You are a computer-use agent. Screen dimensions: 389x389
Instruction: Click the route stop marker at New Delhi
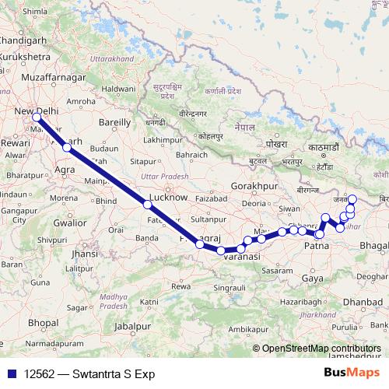(x=37, y=117)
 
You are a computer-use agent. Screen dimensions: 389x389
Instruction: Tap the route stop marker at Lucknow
(x=147, y=205)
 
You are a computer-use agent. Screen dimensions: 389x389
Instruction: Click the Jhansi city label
(x=85, y=254)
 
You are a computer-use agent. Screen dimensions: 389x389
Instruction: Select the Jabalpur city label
(x=131, y=326)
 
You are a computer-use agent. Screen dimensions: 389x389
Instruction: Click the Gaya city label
(x=312, y=278)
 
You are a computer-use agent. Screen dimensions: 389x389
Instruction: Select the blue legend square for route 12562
(x=9, y=374)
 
